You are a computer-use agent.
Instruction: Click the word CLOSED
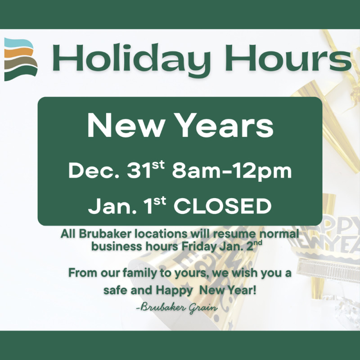click(x=223, y=207)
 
